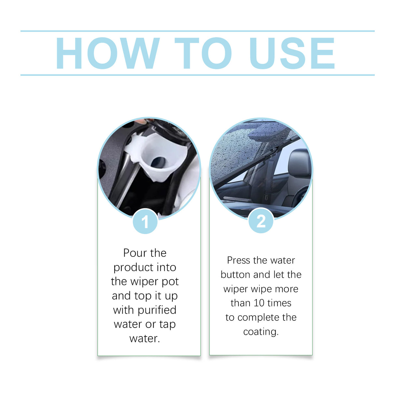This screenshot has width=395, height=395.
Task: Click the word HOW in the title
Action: pos(107,53)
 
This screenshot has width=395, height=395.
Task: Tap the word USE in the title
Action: pos(292,53)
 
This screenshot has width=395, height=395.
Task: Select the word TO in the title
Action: pos(203,53)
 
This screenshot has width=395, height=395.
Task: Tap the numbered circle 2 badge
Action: pos(261,221)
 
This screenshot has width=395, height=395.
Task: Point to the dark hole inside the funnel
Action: pos(159,161)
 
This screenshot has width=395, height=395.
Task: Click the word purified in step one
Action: pos(157,310)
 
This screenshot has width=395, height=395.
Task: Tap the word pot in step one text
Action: pos(170,281)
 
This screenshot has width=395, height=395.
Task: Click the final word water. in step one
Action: pos(145,338)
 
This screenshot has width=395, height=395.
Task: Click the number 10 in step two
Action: pos(259,303)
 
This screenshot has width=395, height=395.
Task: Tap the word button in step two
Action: pos(235,275)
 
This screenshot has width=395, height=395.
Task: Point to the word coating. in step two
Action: pos(261,332)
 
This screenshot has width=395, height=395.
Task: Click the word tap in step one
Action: pos(167,324)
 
